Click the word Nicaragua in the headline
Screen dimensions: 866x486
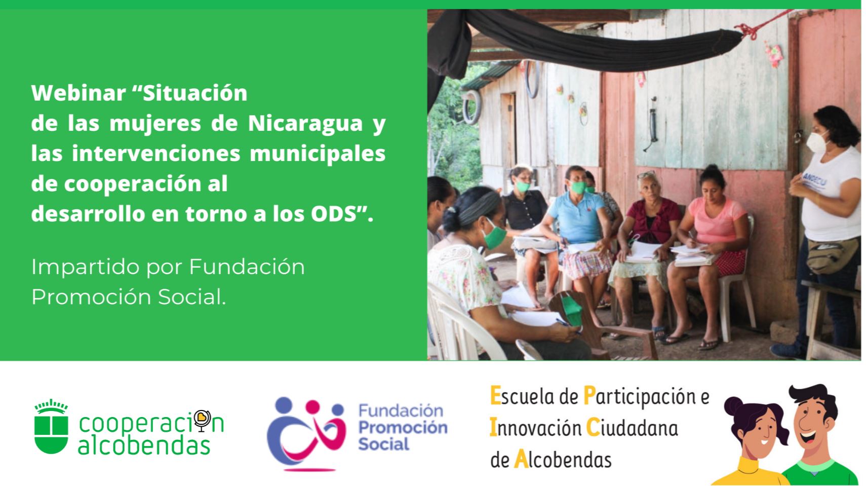[305, 124]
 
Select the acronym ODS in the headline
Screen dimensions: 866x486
[333, 214]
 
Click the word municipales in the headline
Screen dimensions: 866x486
[318, 154]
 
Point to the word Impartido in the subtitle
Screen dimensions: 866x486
[85, 268]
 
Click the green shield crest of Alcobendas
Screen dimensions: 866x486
[51, 426]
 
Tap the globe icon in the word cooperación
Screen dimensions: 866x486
[202, 420]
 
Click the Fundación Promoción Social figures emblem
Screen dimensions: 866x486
[306, 433]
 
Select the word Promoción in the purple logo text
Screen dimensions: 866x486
[403, 428]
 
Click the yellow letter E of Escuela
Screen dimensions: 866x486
[496, 395]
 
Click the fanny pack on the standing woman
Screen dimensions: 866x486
[831, 256]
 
